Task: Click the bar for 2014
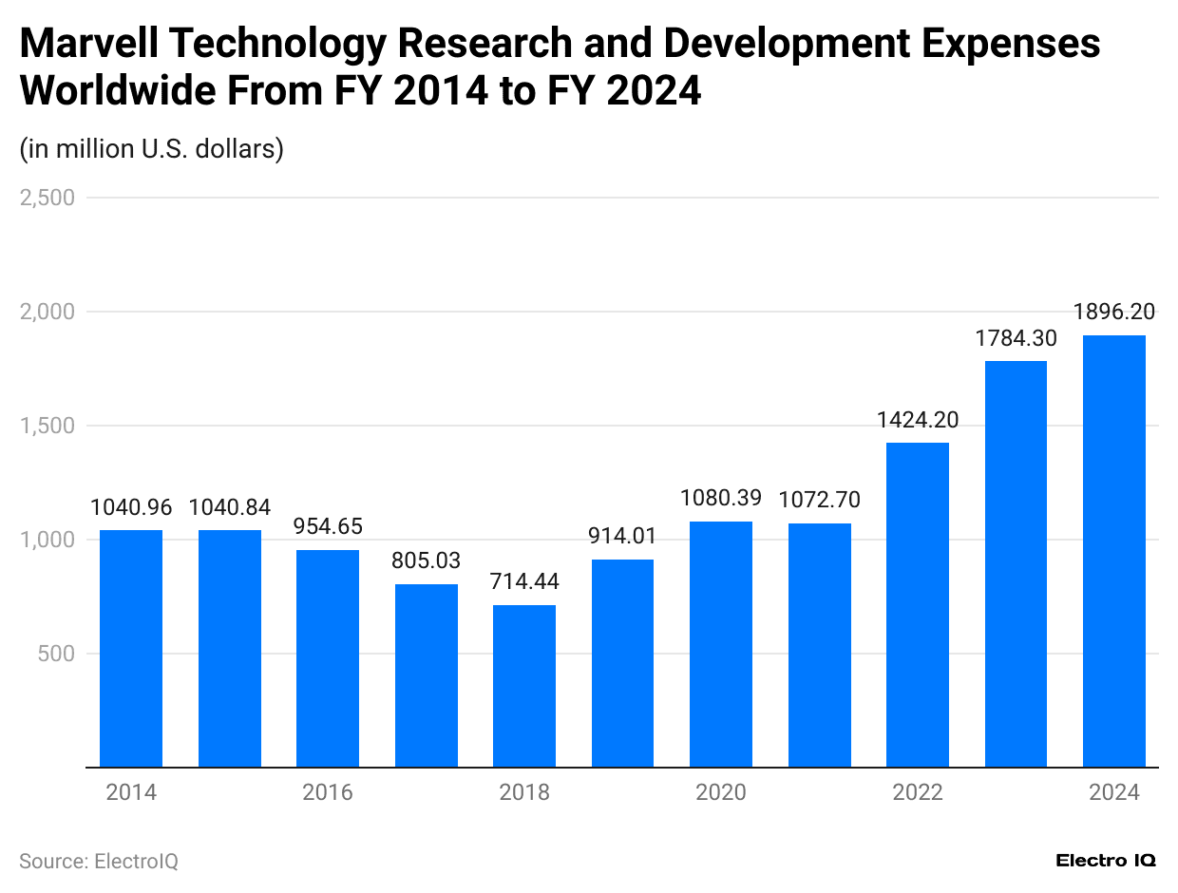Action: click(131, 648)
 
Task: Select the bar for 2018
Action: click(524, 686)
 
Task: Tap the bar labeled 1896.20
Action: click(1114, 551)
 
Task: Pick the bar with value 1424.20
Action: click(918, 604)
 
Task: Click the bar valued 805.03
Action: click(427, 675)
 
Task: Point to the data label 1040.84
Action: click(230, 507)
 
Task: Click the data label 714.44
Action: click(524, 581)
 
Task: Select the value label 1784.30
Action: click(1016, 337)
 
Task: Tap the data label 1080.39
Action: click(721, 498)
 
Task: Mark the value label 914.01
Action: click(622, 536)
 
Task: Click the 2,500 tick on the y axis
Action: click(47, 198)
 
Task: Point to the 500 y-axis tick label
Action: click(57, 654)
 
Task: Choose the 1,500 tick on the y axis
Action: click(47, 426)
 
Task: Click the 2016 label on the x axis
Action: click(328, 792)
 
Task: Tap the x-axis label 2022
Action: click(918, 792)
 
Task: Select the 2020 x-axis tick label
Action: click(721, 792)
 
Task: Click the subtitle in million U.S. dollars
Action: click(152, 149)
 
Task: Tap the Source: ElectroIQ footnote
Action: click(99, 861)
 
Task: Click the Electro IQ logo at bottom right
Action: click(1106, 860)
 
